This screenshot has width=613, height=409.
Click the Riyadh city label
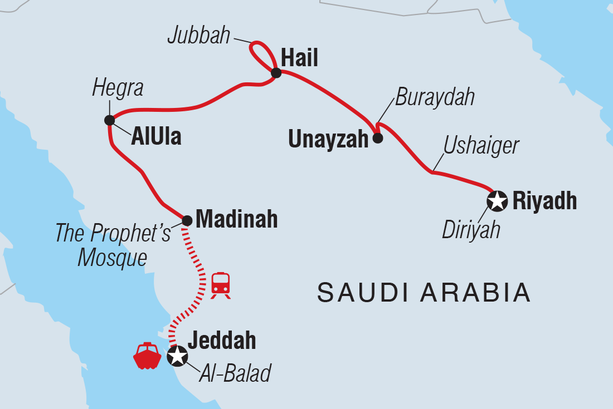pyautogui.click(x=544, y=201)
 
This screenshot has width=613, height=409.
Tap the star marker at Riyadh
pyautogui.click(x=497, y=201)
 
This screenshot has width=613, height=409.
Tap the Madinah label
pyautogui.click(x=237, y=219)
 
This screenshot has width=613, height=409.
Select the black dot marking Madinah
pyautogui.click(x=187, y=221)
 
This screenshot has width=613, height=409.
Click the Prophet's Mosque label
pyautogui.click(x=113, y=245)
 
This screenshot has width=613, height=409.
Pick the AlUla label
pyautogui.click(x=156, y=137)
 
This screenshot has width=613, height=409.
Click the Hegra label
pyautogui.click(x=118, y=88)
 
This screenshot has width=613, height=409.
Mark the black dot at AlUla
pyautogui.click(x=109, y=120)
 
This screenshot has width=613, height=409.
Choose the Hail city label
pyautogui.click(x=300, y=58)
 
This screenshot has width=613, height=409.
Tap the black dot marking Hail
pyautogui.click(x=275, y=72)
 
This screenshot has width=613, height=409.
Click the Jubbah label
pyautogui.click(x=199, y=36)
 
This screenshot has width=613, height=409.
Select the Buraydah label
pyautogui.click(x=435, y=97)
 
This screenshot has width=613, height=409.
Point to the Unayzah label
pyautogui.click(x=328, y=139)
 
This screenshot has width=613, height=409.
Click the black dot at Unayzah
pyautogui.click(x=377, y=138)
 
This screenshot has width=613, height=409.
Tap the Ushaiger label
pyautogui.click(x=481, y=146)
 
